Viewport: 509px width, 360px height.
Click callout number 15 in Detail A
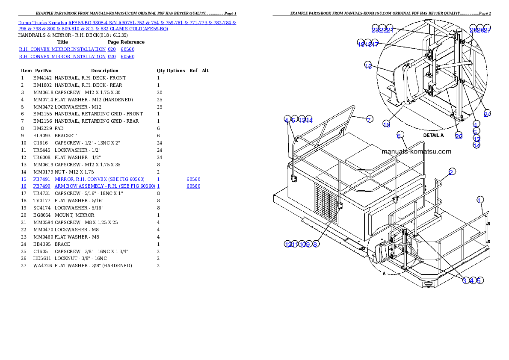pos(368,65)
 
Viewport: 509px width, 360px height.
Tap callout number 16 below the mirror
pos(386,124)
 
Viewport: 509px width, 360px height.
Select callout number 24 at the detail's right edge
pos(487,113)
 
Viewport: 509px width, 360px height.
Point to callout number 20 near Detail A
pos(459,136)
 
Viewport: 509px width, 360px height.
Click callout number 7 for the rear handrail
pos(369,120)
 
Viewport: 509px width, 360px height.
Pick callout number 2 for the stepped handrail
pos(452,172)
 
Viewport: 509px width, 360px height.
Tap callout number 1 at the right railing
pos(480,200)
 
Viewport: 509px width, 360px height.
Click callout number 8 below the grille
pos(315,244)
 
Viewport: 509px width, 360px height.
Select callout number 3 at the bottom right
pos(465,280)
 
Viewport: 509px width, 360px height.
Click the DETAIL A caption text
pos(433,135)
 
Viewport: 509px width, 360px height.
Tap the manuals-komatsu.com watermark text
pos(416,151)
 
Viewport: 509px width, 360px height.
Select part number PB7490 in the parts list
pos(42,186)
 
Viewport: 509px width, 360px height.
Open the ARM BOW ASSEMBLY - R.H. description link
pos(104,186)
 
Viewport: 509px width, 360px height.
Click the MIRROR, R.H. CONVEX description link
pos(99,179)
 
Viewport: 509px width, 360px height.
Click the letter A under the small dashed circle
pos(384,274)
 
